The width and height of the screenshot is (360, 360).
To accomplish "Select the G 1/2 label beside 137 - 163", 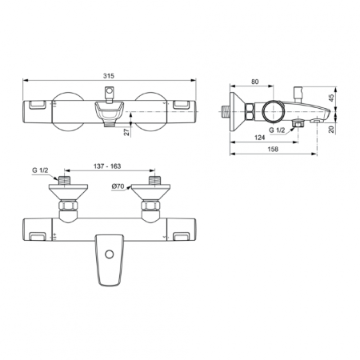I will pos(40,170).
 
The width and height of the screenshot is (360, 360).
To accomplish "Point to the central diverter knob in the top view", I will pos(110,110).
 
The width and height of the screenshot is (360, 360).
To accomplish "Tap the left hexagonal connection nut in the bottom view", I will pos(66,209).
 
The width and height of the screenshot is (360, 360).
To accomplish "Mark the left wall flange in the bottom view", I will pos(66,192).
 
